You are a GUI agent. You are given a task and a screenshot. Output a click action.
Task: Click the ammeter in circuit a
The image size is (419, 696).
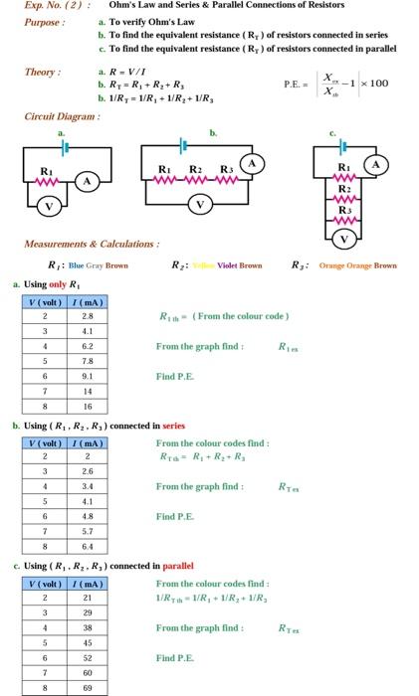coord(88,180)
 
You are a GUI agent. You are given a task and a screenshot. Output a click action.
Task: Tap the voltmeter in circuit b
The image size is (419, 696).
coord(202,206)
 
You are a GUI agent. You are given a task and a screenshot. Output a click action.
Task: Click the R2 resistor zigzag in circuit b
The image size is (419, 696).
coord(198,179)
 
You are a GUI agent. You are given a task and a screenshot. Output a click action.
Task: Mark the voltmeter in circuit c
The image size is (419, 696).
coord(344,239)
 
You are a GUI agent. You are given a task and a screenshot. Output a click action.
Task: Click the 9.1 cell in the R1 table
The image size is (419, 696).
coord(88,376)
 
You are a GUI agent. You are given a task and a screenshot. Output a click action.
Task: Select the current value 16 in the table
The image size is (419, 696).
coord(88,406)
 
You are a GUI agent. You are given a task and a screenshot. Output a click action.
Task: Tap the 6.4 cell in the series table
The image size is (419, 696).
coord(88,545)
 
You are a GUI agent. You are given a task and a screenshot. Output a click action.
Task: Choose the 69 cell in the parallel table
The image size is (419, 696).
coord(88,686)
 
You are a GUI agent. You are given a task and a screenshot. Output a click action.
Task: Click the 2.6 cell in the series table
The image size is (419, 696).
coord(88,470)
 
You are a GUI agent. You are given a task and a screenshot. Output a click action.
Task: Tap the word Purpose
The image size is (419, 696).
coord(45,22)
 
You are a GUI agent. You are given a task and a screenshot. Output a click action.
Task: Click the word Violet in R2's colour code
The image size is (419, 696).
coord(223,265)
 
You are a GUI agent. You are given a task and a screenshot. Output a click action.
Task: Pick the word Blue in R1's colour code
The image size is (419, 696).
coord(78,265)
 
